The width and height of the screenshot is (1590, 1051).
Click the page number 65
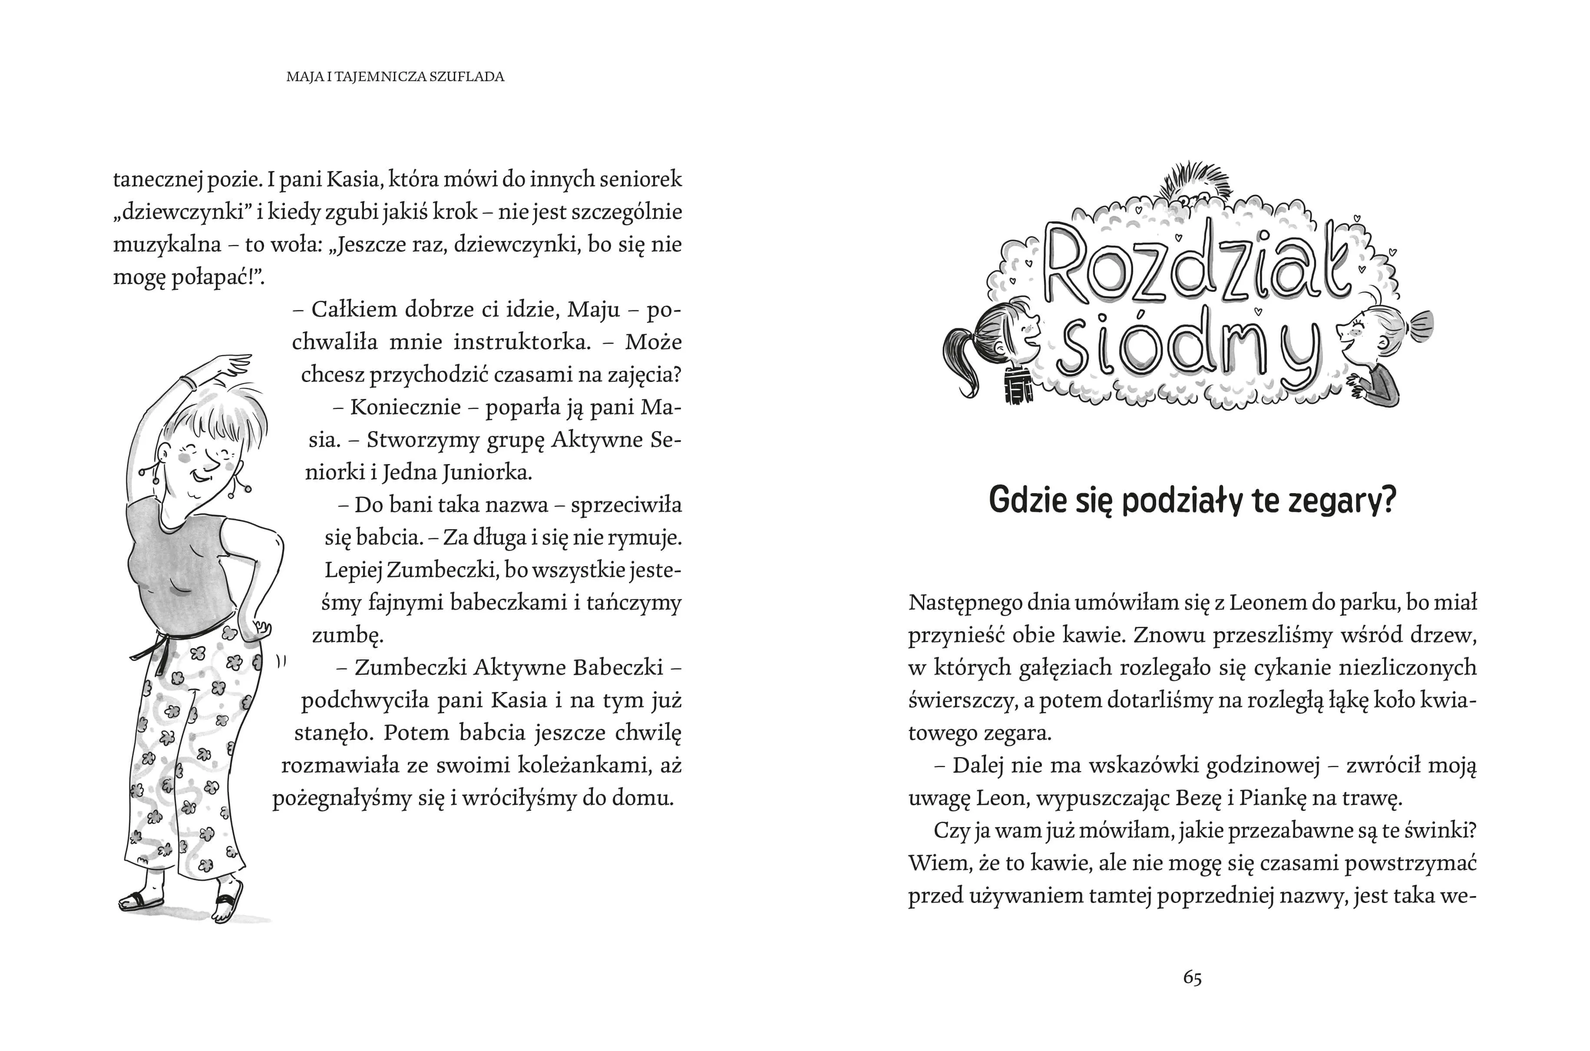pyautogui.click(x=1192, y=978)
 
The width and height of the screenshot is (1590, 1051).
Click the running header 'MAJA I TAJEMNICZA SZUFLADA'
pyautogui.click(x=395, y=76)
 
